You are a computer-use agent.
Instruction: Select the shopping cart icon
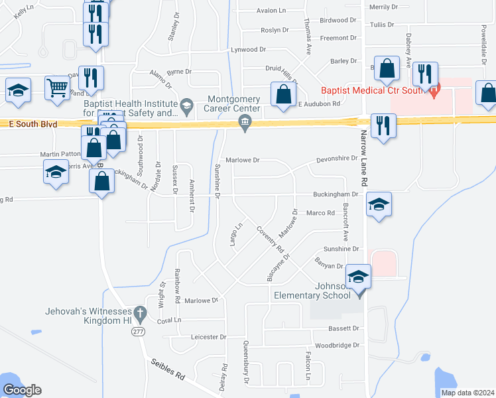pos(57,88)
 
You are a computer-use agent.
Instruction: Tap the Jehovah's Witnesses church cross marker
pos(139,312)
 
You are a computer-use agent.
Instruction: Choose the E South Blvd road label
pos(28,123)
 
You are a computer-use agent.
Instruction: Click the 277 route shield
pos(138,333)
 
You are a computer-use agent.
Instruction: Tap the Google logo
pos(22,390)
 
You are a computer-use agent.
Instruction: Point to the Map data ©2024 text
pos(467,393)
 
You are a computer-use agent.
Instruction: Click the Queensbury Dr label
pos(246,362)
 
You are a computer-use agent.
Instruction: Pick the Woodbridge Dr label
pos(336,345)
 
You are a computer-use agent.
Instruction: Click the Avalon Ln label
pos(271,11)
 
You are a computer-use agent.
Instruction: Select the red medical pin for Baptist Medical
pos(434,91)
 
